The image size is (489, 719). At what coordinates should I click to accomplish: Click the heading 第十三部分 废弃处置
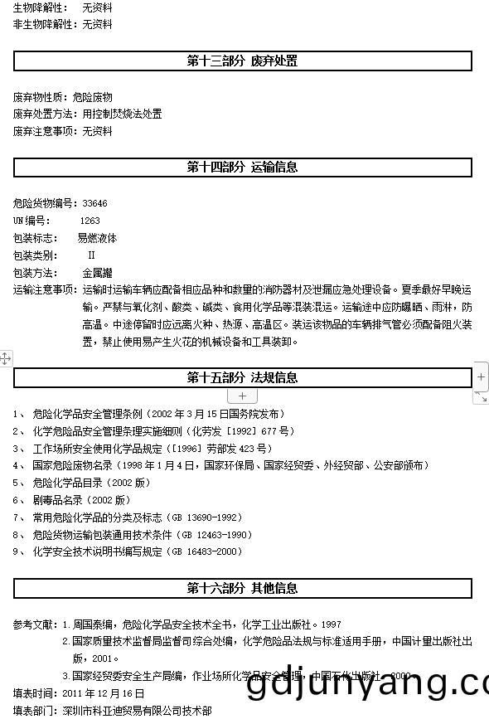242,61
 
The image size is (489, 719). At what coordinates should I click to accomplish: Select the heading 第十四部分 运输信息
242,167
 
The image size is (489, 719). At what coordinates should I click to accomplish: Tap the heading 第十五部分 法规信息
242,377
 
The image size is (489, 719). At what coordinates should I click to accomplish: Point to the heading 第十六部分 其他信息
242,588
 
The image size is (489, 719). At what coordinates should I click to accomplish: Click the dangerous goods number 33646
94,203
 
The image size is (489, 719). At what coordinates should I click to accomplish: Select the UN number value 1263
90,221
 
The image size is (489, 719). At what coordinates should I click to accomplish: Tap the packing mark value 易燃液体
97,238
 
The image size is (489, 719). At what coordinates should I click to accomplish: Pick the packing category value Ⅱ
91,255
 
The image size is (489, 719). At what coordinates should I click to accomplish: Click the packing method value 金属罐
97,273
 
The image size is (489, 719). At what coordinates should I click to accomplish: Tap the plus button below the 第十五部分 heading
242,396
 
